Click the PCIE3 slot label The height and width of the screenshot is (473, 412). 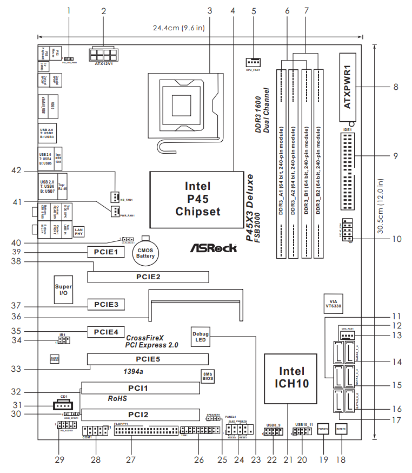tap(107, 304)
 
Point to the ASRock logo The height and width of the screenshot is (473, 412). tap(213, 248)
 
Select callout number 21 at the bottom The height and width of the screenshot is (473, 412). tap(288, 460)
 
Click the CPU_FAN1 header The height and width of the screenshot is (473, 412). tap(253, 62)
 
